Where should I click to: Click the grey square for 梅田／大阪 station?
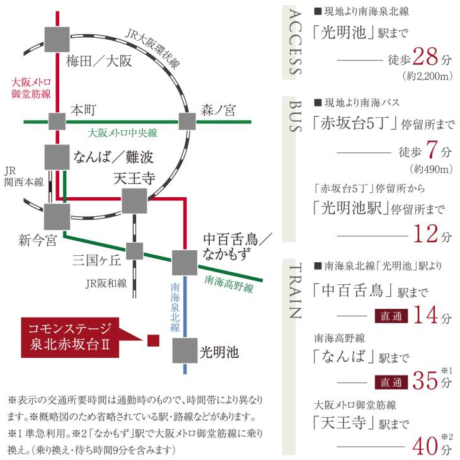57,40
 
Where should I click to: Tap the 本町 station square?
57,121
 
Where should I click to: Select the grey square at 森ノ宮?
187,121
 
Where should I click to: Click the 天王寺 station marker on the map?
134,200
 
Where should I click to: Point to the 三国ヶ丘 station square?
135,251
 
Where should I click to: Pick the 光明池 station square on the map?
185,350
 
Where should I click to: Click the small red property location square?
153,340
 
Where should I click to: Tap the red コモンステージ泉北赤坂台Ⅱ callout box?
70,337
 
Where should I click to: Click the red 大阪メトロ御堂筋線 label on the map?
31,88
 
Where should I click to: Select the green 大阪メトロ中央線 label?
123,133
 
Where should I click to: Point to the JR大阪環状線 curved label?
152,49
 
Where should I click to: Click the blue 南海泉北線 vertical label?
175,307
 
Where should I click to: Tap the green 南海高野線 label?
229,284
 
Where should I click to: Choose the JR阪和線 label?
106,284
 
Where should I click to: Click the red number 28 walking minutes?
425,57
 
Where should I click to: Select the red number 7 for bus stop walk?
432,149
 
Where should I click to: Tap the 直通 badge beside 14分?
391,316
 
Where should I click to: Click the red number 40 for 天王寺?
425,446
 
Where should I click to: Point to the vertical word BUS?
296,116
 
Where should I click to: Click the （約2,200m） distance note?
428,76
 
